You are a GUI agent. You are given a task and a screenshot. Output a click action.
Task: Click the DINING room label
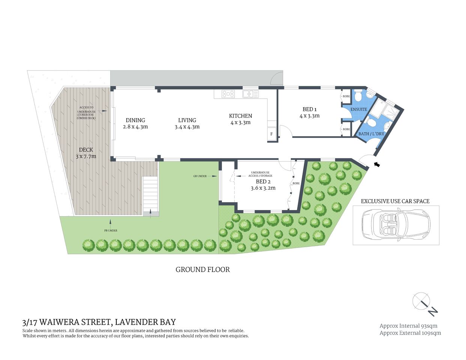click(135, 120)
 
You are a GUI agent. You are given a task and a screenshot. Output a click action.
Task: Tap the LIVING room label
click(187, 120)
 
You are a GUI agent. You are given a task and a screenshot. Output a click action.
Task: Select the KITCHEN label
click(241, 116)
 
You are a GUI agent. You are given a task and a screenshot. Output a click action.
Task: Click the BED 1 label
click(310, 109)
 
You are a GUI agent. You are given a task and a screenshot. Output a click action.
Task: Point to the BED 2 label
click(263, 182)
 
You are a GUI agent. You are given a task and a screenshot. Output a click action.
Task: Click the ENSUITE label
click(359, 109)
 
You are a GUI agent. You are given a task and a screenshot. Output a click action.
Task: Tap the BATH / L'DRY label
click(371, 134)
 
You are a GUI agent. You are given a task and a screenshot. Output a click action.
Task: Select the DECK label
click(86, 150)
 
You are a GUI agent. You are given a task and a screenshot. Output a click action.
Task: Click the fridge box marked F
click(271, 134)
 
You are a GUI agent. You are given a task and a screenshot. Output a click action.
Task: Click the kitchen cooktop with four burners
click(228, 94)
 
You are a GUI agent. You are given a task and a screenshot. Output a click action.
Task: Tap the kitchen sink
click(250, 94)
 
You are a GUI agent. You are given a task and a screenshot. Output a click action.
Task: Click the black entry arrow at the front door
click(377, 164)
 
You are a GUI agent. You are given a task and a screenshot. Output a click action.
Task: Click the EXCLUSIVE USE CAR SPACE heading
click(395, 201)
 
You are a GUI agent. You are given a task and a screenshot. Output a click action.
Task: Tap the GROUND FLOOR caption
click(203, 270)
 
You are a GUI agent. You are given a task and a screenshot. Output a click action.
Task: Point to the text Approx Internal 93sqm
click(408, 326)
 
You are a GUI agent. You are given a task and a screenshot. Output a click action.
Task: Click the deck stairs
click(150, 195)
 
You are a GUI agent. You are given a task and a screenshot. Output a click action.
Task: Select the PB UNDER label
click(111, 231)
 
